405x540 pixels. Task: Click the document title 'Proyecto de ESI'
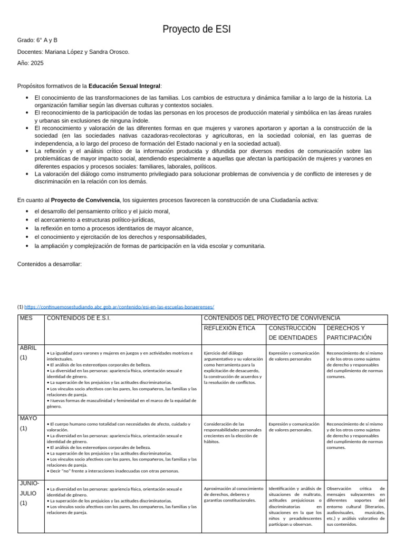coord(197,29)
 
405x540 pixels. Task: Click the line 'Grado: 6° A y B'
coord(37,40)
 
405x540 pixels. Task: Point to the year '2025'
coord(37,63)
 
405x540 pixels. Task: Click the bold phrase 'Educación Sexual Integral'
coord(124,86)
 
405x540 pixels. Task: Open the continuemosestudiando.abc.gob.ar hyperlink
coord(119,307)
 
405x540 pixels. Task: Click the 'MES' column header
coord(26,319)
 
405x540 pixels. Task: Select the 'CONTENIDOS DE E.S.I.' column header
coord(79,319)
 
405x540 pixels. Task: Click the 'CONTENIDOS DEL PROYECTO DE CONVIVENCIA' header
coord(272,319)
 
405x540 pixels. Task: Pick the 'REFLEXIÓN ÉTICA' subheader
coord(229,329)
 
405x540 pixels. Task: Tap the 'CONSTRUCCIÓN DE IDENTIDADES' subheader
coord(293,333)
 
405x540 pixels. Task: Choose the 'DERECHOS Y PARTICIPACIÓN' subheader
coord(349,333)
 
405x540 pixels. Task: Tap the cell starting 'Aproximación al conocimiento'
coord(233,494)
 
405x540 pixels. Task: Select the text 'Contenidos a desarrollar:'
coord(50,264)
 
